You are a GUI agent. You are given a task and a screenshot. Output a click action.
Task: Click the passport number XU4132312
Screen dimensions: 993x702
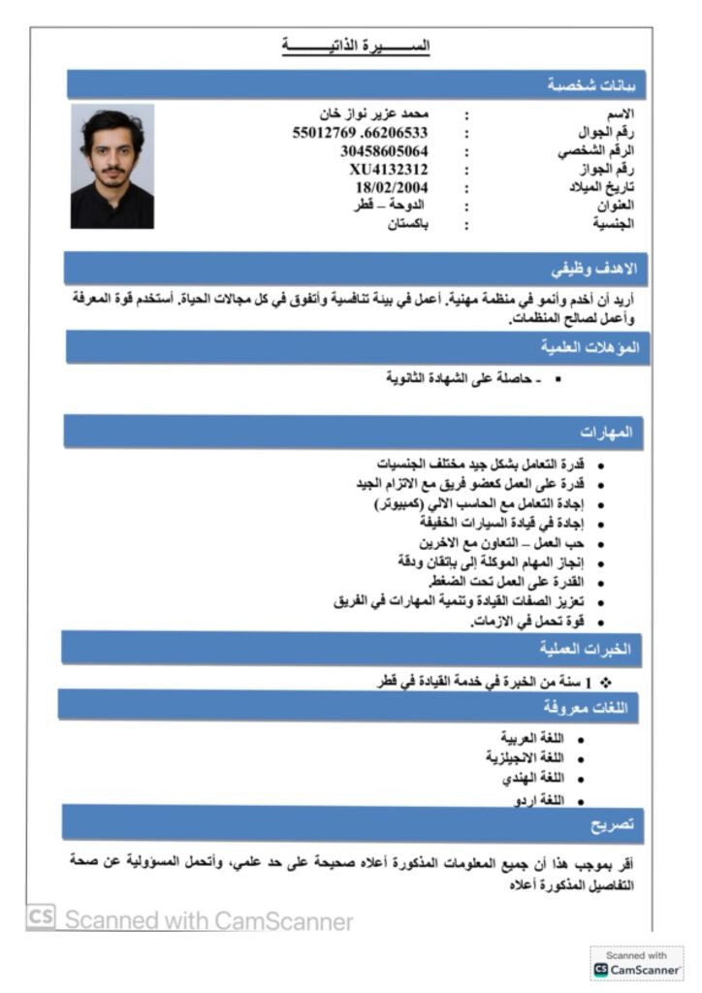coord(389,169)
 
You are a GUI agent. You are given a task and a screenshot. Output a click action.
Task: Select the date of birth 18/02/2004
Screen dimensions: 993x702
coord(392,187)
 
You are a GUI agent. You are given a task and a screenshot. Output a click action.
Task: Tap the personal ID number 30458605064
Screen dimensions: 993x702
coord(384,151)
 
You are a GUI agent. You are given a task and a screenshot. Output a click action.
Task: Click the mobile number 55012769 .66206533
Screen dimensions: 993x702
coord(360,133)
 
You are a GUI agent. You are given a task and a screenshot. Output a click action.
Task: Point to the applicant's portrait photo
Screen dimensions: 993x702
coord(112,167)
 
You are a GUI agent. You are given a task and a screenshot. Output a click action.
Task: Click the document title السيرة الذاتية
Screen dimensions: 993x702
coord(356,46)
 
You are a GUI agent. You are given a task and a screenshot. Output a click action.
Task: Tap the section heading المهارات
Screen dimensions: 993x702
coord(606,432)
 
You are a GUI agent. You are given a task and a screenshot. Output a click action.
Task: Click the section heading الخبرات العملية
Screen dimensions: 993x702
coord(585,648)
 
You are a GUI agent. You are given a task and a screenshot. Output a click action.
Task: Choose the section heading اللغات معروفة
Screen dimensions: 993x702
coord(585,708)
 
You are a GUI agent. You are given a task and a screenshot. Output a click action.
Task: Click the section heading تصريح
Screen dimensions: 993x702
coord(613,824)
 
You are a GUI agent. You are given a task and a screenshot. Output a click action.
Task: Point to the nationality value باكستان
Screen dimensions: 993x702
coord(408,224)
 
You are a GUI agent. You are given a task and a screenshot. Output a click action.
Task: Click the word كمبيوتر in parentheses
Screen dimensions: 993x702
coord(407,504)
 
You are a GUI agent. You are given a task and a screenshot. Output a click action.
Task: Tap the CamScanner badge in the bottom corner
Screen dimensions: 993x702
coord(637,963)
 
